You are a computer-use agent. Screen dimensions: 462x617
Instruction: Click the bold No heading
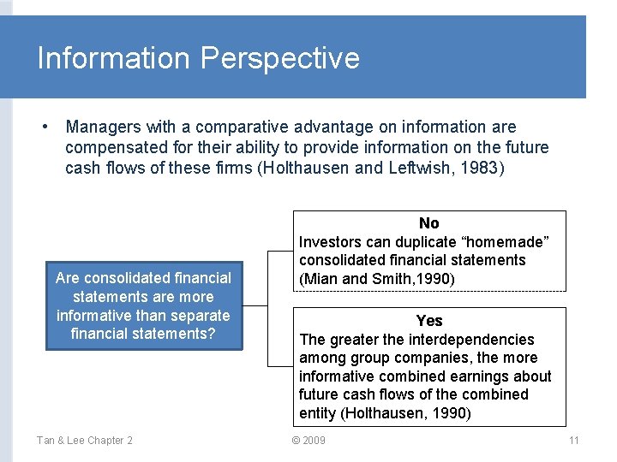(x=429, y=223)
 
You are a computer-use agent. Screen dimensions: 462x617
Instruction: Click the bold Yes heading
(x=429, y=321)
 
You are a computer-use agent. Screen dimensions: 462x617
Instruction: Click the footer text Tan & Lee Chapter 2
(x=84, y=441)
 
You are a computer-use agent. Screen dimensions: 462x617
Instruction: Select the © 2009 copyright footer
(x=308, y=441)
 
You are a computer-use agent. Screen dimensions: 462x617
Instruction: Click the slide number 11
(x=574, y=441)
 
